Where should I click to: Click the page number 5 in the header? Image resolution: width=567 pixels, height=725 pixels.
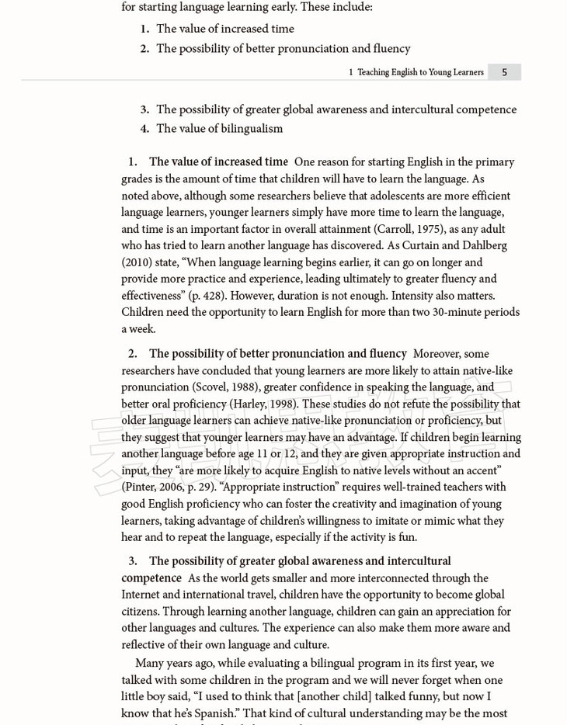pos(504,72)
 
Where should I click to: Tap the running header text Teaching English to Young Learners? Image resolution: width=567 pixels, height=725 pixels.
pos(420,72)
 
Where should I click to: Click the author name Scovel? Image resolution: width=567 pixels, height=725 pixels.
pos(212,387)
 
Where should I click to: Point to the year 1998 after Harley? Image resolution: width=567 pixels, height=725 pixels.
pos(281,404)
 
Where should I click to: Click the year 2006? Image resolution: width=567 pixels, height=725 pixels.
pos(172,487)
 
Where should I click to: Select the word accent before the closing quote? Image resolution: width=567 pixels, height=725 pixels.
pos(479,470)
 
